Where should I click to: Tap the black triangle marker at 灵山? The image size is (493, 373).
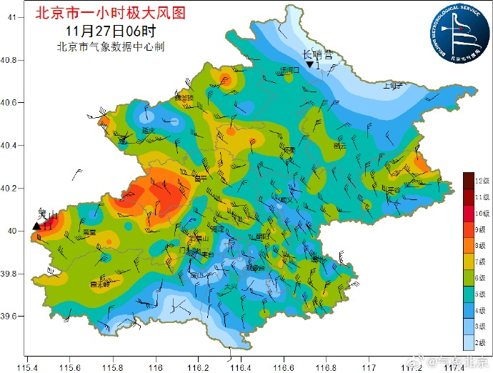[x=36, y=226]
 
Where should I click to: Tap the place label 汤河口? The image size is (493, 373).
[x=290, y=69]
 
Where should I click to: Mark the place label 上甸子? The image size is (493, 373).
[x=392, y=85]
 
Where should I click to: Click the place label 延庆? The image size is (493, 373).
[x=149, y=131]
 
